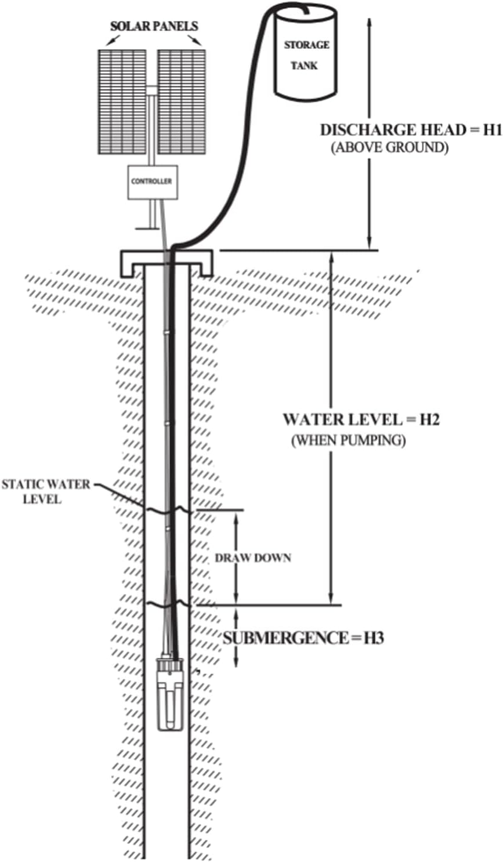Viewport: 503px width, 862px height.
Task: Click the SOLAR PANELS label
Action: click(154, 26)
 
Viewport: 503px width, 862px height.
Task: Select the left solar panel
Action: click(122, 102)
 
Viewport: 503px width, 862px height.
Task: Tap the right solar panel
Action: click(181, 102)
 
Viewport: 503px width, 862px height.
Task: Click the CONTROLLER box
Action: click(153, 182)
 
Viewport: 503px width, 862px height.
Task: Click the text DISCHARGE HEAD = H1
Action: click(411, 130)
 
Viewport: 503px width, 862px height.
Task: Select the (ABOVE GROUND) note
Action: click(389, 148)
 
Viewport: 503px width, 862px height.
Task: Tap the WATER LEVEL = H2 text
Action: click(361, 419)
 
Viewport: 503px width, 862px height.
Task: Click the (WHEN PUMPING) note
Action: click(348, 440)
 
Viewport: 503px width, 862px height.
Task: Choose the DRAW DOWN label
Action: click(253, 557)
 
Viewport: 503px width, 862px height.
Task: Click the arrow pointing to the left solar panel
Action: click(114, 39)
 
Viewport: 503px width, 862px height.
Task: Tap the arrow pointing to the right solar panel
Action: click(194, 39)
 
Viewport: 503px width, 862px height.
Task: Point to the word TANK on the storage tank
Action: click(304, 66)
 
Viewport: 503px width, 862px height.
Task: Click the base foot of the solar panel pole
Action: click(147, 229)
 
